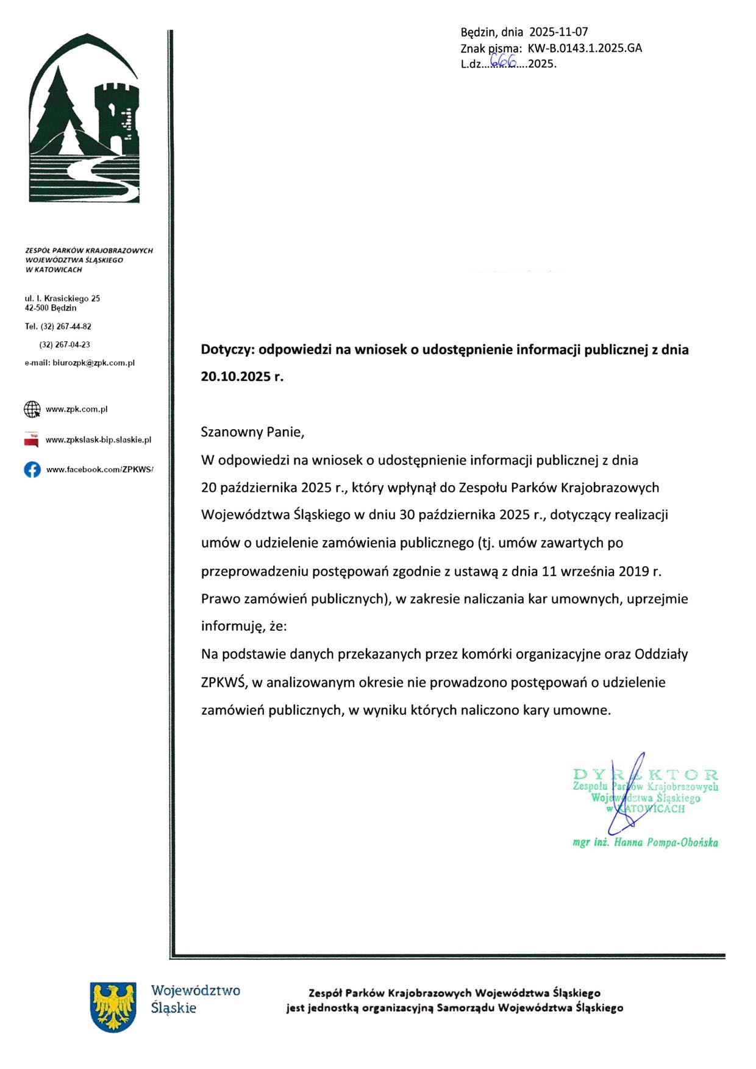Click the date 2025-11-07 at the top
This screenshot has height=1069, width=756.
tap(558, 32)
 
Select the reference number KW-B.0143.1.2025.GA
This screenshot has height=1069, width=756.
tap(585, 48)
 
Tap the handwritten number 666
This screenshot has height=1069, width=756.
tap(503, 60)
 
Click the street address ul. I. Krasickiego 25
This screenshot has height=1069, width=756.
tap(62, 299)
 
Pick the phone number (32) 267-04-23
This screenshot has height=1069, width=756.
tap(65, 345)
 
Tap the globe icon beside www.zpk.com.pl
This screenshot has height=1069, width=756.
tap(32, 410)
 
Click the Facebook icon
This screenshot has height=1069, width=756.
tap(32, 470)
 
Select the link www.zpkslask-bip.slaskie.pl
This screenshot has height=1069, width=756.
tap(98, 440)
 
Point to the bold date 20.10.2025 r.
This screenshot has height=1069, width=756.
tap(242, 377)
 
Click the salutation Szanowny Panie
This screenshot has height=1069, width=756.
tap(252, 432)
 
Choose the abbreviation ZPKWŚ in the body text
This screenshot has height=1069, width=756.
tap(223, 683)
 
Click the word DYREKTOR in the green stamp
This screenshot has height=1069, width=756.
tap(646, 775)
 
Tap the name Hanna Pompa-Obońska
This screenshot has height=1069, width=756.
tap(666, 843)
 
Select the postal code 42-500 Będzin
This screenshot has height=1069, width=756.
tap(51, 308)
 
